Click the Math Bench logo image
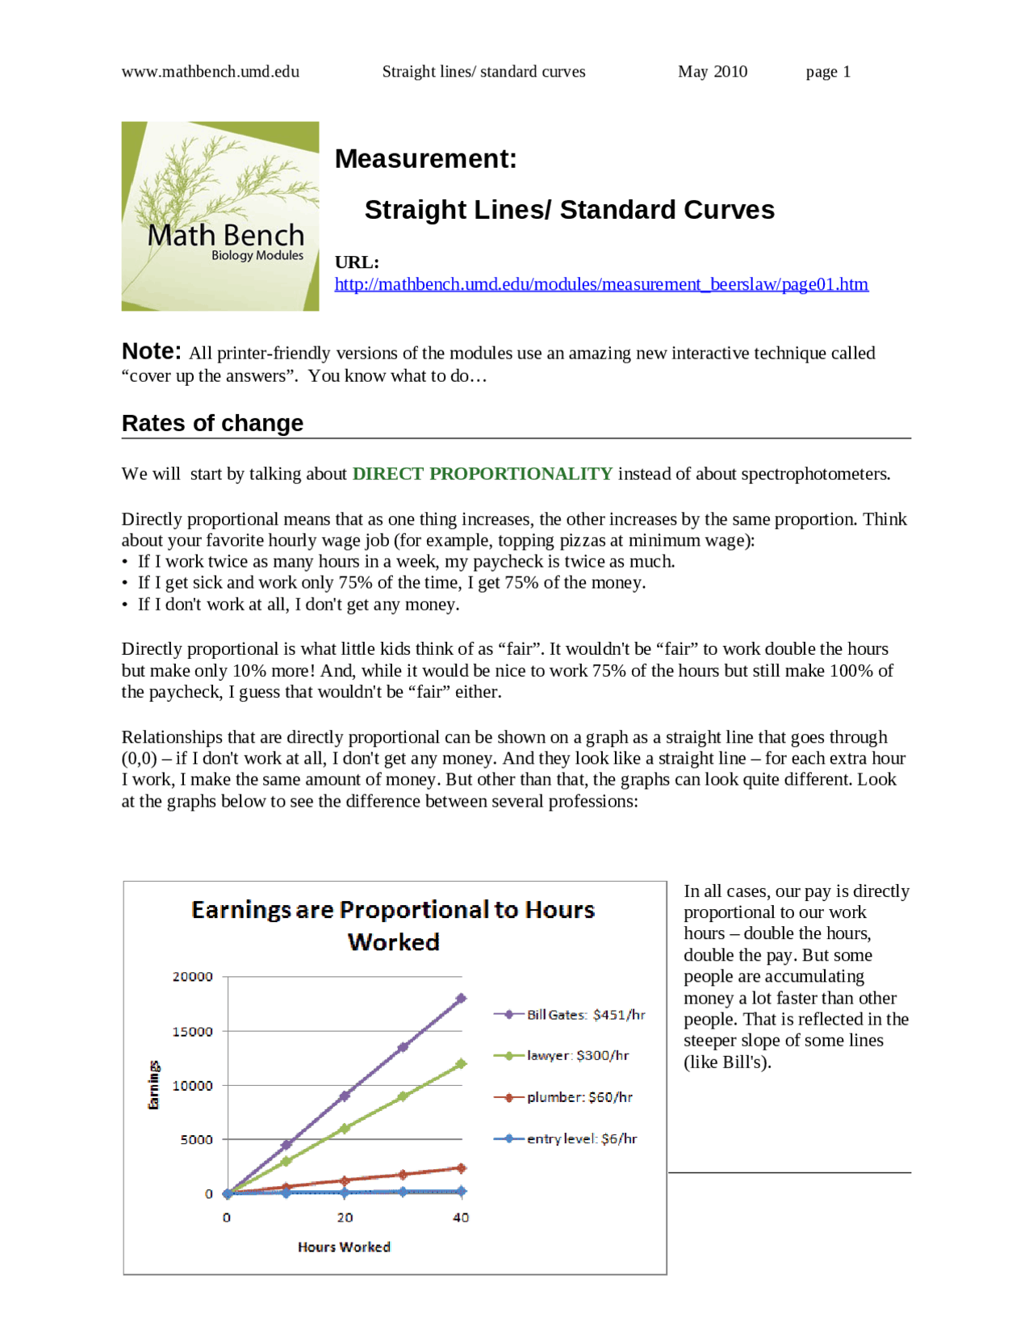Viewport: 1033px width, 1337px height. pos(220,216)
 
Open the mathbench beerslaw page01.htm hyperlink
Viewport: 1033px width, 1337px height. pos(600,284)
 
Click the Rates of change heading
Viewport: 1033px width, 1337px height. pos(212,423)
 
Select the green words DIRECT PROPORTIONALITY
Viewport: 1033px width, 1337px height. pos(482,474)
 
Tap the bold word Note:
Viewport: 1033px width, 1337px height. pos(151,351)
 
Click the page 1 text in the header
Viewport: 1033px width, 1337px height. pos(827,72)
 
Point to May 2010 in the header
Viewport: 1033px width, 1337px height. pos(712,72)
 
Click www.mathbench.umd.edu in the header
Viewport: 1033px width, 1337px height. pos(210,72)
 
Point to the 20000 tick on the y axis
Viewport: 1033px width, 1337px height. pos(192,977)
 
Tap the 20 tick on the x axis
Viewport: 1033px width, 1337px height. pos(345,1218)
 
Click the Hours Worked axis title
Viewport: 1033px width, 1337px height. pos(344,1247)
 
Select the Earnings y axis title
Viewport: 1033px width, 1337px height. pos(153,1085)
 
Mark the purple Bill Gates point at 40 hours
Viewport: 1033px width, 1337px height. pos(461,999)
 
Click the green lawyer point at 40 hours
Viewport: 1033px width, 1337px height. pos(461,1064)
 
